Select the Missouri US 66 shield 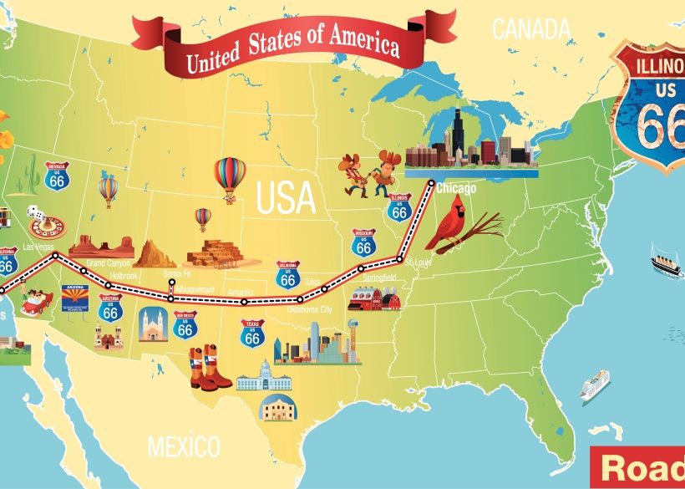(363, 242)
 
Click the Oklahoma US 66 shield (288, 276)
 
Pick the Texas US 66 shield (252, 334)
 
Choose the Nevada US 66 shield (58, 176)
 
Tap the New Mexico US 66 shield (185, 325)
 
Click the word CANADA (530, 29)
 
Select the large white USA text (286, 198)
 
